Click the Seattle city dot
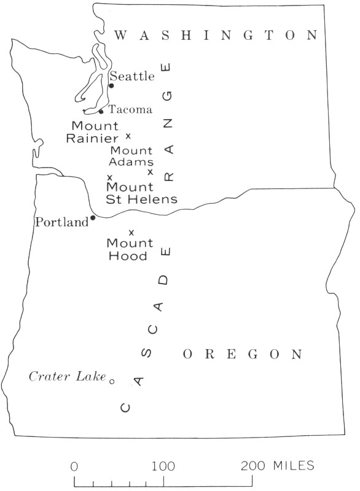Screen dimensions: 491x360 (x=111, y=85)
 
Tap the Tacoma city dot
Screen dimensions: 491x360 (x=101, y=112)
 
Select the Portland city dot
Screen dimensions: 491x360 (x=93, y=217)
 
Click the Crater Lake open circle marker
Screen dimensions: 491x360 (x=112, y=381)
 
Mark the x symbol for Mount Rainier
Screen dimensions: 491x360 (x=128, y=136)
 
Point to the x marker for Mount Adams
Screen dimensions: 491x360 (x=150, y=172)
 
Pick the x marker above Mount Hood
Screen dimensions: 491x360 (x=131, y=232)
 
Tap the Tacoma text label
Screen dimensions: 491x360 (x=130, y=110)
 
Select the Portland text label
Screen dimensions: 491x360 (x=62, y=222)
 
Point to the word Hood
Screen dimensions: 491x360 (x=128, y=256)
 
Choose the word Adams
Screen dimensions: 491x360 (x=131, y=162)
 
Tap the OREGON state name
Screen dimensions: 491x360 (x=243, y=354)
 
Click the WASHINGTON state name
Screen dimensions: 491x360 (x=216, y=36)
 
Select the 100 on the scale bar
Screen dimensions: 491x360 (x=164, y=466)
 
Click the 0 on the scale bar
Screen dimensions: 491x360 (x=74, y=466)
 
